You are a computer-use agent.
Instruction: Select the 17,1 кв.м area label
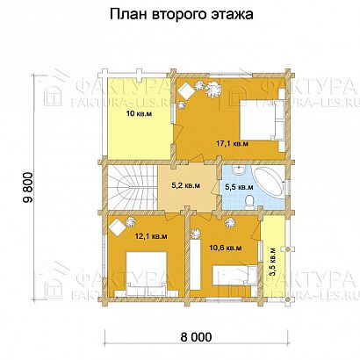click(227, 143)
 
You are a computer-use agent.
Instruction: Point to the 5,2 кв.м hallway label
click(185, 185)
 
